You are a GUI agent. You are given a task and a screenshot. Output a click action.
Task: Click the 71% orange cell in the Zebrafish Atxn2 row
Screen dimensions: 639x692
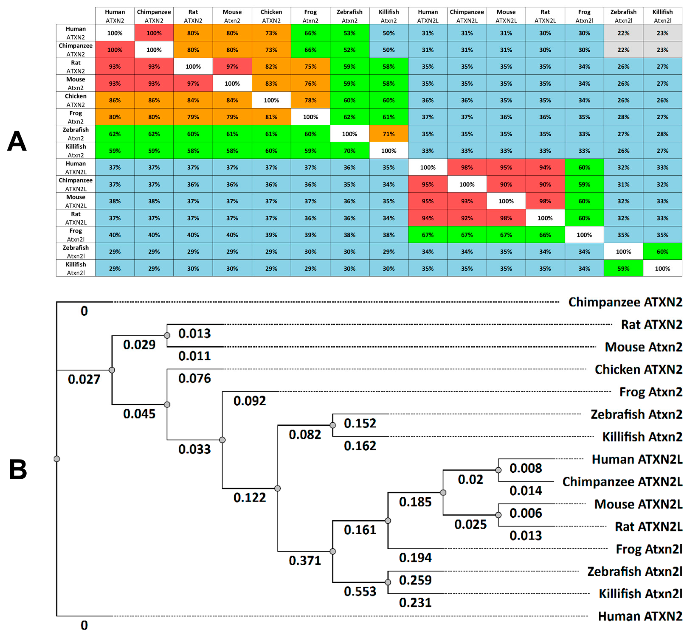coord(388,134)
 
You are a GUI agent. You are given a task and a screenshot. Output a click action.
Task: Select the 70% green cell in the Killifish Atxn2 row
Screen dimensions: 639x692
coord(349,151)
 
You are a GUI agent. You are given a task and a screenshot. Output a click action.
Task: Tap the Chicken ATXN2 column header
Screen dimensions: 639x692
coord(271,16)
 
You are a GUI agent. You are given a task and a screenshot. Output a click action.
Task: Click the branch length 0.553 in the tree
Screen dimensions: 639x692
coord(360,592)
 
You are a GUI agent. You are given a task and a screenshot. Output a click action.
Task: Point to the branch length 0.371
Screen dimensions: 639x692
coord(305,561)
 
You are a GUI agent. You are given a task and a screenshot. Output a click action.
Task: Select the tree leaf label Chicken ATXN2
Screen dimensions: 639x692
coord(638,370)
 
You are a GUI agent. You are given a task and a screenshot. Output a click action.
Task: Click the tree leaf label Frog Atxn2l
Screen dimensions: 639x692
coord(648,549)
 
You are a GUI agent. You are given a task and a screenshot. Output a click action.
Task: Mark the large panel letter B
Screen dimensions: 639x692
coord(18,470)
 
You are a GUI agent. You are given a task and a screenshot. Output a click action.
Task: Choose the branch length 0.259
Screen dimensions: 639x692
coord(415,580)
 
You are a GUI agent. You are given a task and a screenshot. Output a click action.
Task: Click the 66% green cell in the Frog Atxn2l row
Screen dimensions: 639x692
coord(545,235)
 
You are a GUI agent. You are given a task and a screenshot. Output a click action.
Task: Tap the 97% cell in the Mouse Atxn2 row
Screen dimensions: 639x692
coord(193,83)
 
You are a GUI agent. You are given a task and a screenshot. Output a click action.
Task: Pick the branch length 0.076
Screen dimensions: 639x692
coord(194,379)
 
